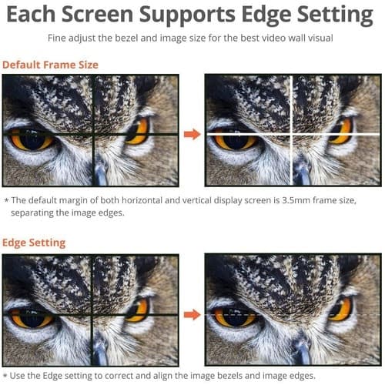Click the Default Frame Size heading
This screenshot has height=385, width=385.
click(x=50, y=65)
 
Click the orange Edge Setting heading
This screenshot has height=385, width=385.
click(x=34, y=243)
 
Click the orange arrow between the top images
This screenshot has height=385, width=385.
click(x=192, y=134)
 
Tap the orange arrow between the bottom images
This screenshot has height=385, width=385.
click(x=192, y=315)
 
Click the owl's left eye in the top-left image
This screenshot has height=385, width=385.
click(x=32, y=140)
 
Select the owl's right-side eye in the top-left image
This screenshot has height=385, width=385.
click(x=138, y=132)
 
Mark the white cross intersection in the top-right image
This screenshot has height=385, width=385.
click(x=291, y=134)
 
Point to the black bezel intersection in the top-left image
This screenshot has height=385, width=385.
click(x=93, y=134)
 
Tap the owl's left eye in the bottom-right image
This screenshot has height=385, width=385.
click(x=235, y=318)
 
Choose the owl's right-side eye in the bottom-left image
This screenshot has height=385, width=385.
click(x=138, y=311)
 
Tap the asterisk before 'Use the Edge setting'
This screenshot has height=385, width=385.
click(x=5, y=376)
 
